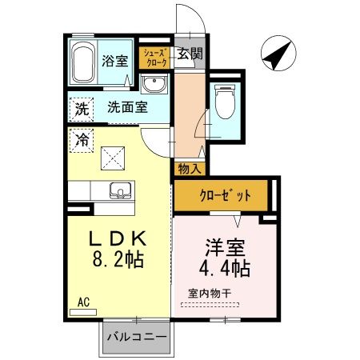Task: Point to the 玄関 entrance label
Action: click(x=189, y=54)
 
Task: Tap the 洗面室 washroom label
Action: click(x=127, y=107)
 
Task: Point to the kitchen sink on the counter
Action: click(x=120, y=191)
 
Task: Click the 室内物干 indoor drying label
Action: click(x=210, y=293)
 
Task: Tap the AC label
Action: click(x=82, y=302)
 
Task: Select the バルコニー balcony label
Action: click(x=138, y=337)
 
